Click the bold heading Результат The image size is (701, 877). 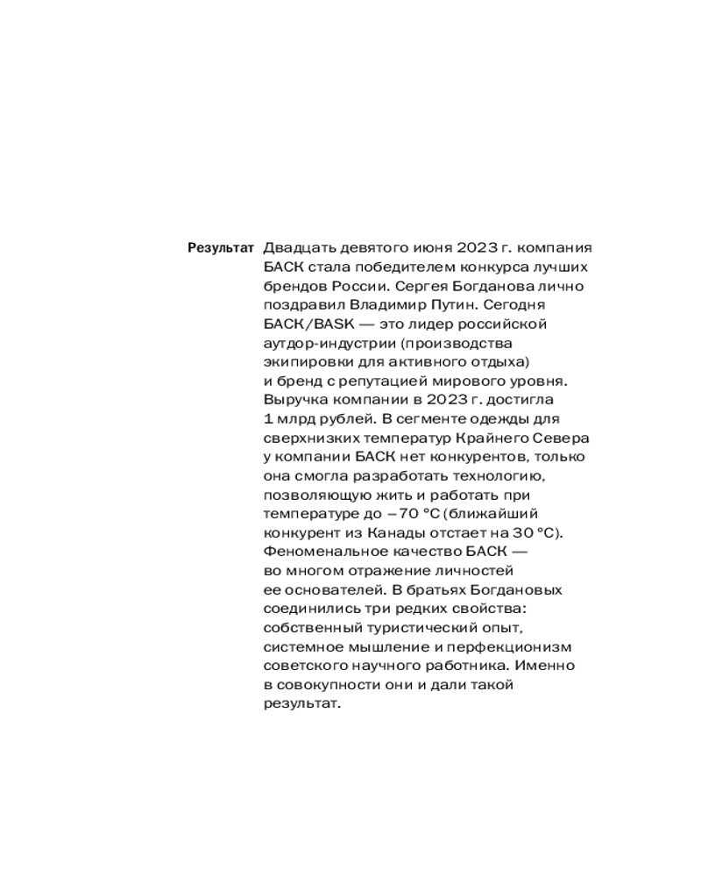221,248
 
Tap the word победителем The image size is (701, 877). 390,267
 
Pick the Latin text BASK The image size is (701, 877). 325,324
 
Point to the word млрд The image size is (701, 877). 294,419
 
